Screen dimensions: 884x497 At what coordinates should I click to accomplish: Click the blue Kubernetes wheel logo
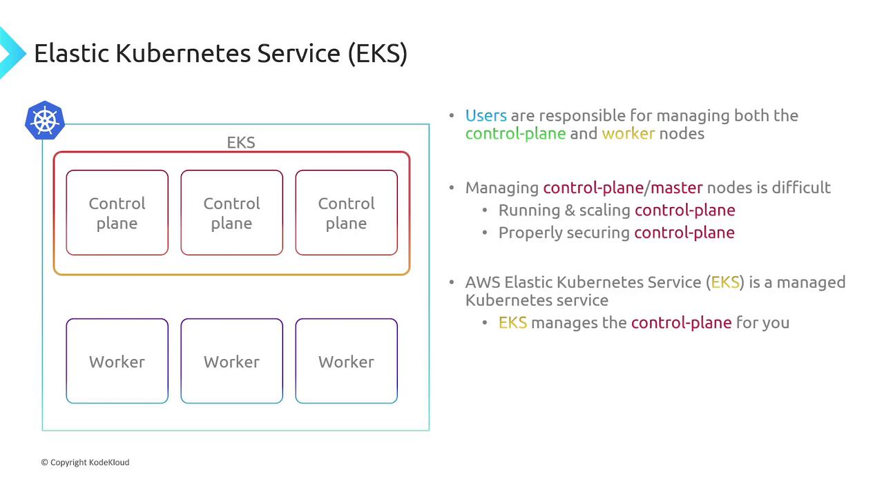point(45,120)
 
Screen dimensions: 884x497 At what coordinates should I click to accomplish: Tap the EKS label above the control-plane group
point(241,142)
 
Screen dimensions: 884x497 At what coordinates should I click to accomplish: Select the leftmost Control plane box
point(117,213)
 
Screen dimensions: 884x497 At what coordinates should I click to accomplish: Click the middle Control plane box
point(231,213)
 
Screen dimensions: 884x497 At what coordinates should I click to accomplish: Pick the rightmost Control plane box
point(347,213)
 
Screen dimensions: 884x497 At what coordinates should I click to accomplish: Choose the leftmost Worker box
point(117,361)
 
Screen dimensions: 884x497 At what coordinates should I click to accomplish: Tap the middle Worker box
point(231,361)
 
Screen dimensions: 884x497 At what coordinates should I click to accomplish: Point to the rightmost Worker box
point(347,361)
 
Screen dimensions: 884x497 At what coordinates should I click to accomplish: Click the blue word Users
point(486,115)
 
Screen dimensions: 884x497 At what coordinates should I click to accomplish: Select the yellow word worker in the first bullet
point(628,134)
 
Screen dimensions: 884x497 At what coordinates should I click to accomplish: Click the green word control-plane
point(515,134)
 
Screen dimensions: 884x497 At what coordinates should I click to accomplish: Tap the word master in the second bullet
point(676,188)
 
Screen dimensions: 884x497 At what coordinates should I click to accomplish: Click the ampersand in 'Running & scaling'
point(570,211)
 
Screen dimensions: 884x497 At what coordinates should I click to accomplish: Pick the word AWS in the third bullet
point(483,282)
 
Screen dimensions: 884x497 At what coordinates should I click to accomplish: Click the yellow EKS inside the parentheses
point(725,282)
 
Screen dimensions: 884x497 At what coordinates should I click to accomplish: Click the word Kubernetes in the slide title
point(183,53)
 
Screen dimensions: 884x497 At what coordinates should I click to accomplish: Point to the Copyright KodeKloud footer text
point(85,462)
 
